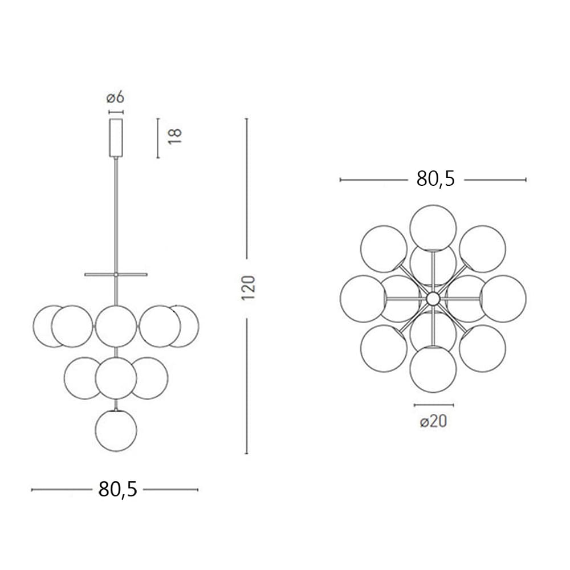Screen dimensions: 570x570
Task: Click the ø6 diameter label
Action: [115, 98]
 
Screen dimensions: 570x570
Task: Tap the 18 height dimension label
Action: [175, 136]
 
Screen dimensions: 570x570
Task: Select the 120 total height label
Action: [249, 288]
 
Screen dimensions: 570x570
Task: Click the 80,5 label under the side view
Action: [118, 489]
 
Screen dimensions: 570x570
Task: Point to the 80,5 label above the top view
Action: [435, 179]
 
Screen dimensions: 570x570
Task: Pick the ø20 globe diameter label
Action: [433, 422]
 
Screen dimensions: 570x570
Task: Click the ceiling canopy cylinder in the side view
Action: [116, 137]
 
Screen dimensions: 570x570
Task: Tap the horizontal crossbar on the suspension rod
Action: [116, 275]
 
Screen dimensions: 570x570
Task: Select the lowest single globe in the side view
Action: [116, 431]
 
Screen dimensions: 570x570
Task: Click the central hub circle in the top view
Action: [433, 299]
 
